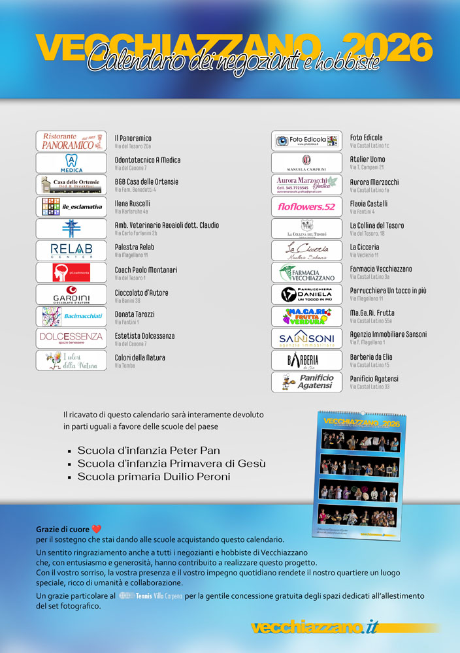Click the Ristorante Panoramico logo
coord(71,141)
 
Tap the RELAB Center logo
coord(71,251)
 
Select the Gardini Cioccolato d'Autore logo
coord(71,295)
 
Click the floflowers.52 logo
coord(306,207)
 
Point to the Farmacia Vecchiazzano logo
coord(306,272)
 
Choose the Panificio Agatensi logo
coord(306,382)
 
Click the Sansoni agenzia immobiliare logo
coord(306,338)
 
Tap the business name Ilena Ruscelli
coord(133,204)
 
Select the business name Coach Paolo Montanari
coord(146,270)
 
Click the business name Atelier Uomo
coord(368,160)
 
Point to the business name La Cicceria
coord(364,247)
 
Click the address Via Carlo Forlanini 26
coord(136,233)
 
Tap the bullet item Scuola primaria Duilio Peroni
coord(154,477)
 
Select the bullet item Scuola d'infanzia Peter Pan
coord(148,451)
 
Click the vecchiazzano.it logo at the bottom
coord(316,627)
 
